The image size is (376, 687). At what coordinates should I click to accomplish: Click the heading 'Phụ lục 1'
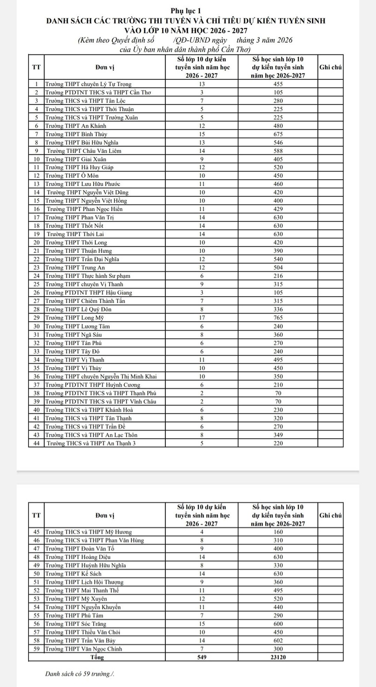click(x=187, y=11)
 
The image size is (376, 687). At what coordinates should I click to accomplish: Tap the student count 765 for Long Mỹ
click(x=277, y=318)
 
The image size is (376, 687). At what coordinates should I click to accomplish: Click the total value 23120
click(x=277, y=658)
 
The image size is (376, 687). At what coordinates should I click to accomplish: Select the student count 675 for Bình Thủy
click(x=277, y=133)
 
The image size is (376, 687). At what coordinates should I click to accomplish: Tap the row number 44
click(x=36, y=443)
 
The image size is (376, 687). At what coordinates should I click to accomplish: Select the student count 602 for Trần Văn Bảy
click(x=277, y=641)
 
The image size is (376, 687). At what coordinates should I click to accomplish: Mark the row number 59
click(x=36, y=649)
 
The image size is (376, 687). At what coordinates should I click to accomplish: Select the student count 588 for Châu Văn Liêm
click(x=277, y=150)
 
